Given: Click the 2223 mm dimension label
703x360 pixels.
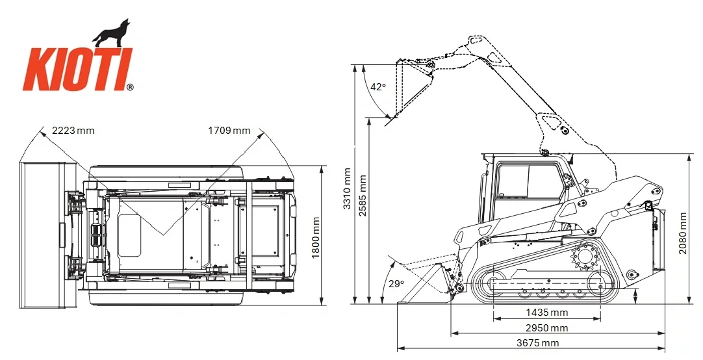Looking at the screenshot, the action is (73, 131).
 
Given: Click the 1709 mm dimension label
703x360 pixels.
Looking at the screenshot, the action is (229, 131).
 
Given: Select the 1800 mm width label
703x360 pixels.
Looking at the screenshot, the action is (316, 238).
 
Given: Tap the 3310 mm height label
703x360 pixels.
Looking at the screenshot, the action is (347, 188).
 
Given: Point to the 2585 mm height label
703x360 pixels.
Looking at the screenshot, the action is (363, 196).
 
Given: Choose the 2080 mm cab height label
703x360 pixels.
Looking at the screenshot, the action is (682, 233).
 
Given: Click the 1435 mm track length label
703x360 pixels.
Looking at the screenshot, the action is (546, 313).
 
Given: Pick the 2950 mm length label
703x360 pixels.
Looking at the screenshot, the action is (546, 328).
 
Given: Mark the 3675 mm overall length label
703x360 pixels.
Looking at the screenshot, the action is (537, 343).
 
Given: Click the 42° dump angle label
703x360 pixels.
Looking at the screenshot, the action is (378, 87).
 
